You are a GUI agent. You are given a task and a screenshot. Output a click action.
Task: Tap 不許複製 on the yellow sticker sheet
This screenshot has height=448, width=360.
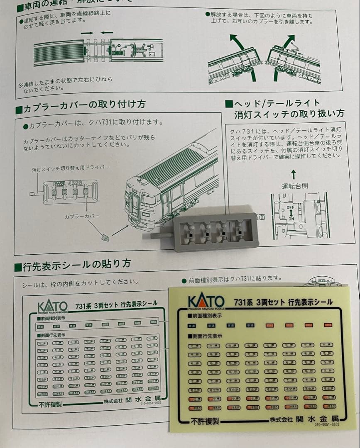click(x=205, y=421)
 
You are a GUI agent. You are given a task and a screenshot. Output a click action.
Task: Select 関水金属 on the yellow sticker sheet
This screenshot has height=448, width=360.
click(x=318, y=418)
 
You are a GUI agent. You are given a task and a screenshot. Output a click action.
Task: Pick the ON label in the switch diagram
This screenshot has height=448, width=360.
click(x=291, y=218)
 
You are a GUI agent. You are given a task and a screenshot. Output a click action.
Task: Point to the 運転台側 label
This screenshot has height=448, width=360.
click(x=295, y=186)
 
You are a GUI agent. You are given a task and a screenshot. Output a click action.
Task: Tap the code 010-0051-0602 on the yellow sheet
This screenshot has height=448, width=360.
click(x=326, y=424)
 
